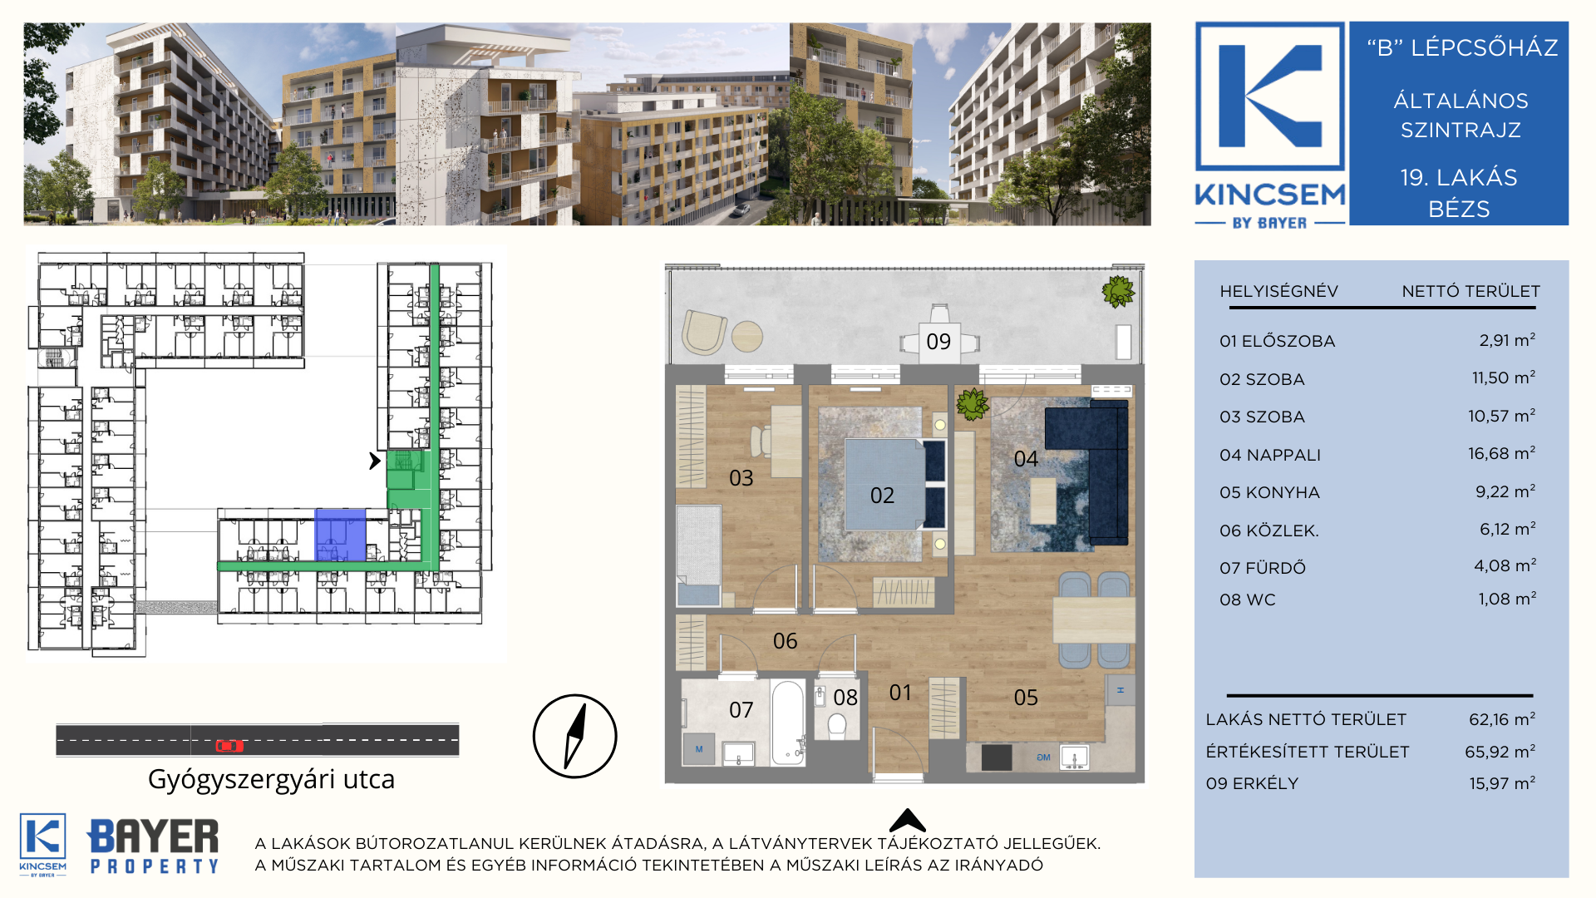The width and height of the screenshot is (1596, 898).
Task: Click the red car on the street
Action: click(229, 746)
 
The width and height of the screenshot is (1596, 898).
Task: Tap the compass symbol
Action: click(574, 736)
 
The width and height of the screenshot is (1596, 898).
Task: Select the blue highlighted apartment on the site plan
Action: click(340, 535)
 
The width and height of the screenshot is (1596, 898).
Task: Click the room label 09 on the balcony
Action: click(938, 342)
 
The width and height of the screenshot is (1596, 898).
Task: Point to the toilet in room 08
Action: click(837, 725)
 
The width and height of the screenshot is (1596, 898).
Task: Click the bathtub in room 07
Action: click(787, 722)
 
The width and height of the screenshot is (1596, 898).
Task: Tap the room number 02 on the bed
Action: click(882, 496)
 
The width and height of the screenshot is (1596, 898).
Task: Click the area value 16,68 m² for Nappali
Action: click(1501, 453)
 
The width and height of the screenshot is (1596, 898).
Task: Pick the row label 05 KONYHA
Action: click(1269, 492)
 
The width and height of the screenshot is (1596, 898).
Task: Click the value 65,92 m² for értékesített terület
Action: click(1500, 752)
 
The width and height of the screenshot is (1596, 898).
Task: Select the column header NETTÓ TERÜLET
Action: click(1470, 291)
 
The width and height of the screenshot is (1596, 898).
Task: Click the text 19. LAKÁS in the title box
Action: click(1459, 177)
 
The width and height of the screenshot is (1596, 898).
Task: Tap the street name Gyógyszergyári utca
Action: click(271, 780)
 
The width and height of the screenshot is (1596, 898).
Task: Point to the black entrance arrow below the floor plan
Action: click(907, 821)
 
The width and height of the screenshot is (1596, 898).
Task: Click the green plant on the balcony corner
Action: click(1118, 291)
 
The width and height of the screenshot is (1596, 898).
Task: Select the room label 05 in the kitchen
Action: click(1026, 698)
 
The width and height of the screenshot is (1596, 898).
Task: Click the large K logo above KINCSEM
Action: click(1269, 96)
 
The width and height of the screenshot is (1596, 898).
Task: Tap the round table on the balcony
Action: click(747, 336)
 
